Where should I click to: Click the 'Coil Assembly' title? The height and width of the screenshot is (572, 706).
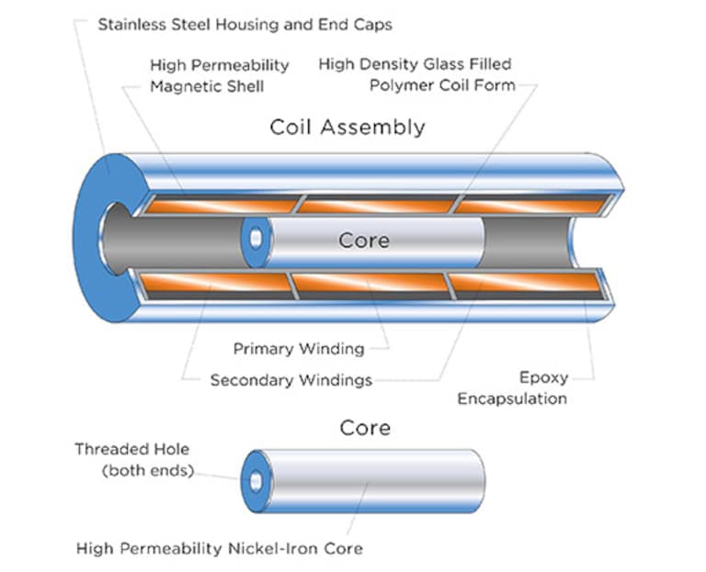(347, 127)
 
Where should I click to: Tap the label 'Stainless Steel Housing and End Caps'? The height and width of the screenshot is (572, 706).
(245, 24)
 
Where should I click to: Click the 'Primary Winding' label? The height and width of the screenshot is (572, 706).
(298, 349)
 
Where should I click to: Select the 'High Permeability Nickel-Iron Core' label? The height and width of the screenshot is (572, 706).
(220, 548)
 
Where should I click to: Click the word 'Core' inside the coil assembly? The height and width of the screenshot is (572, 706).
(363, 241)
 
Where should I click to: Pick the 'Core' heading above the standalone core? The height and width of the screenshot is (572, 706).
(364, 428)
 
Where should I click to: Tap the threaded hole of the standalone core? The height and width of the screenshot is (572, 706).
(255, 481)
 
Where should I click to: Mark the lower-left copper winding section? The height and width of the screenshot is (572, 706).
(217, 282)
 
